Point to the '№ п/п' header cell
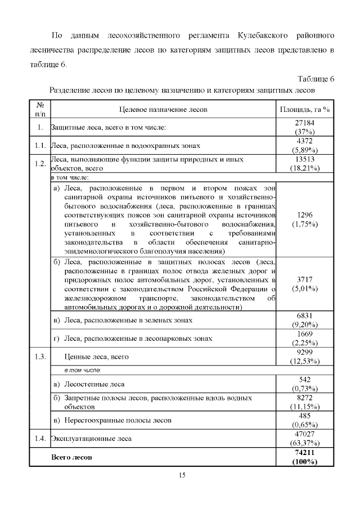(40, 109)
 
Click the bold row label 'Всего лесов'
(71, 457)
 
